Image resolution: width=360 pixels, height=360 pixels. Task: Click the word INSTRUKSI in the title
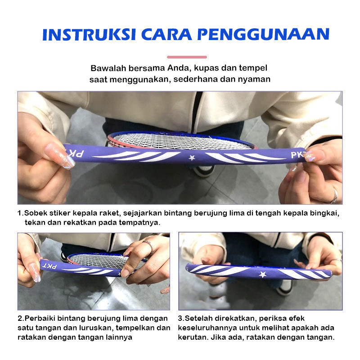click(x=89, y=35)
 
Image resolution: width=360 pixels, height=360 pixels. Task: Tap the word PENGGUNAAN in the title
click(x=264, y=35)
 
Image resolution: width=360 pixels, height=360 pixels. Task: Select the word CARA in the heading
click(x=166, y=35)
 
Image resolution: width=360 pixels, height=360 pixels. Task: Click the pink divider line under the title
click(x=187, y=57)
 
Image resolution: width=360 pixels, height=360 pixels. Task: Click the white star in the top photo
click(x=192, y=158)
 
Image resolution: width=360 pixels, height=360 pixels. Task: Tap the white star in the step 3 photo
click(x=262, y=274)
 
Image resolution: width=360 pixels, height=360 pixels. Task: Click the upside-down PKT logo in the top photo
click(x=75, y=153)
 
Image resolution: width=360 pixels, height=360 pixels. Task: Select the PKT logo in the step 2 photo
click(x=49, y=266)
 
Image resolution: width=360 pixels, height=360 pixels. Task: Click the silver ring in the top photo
click(x=334, y=196)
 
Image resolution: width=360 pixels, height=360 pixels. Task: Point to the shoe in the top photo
click(x=203, y=171)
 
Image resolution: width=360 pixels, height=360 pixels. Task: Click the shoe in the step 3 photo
click(x=285, y=288)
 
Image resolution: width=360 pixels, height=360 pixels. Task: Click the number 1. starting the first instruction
click(x=20, y=213)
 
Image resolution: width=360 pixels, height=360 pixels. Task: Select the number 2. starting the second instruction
click(x=21, y=319)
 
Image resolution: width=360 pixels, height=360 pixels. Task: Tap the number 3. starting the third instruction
click(x=181, y=319)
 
